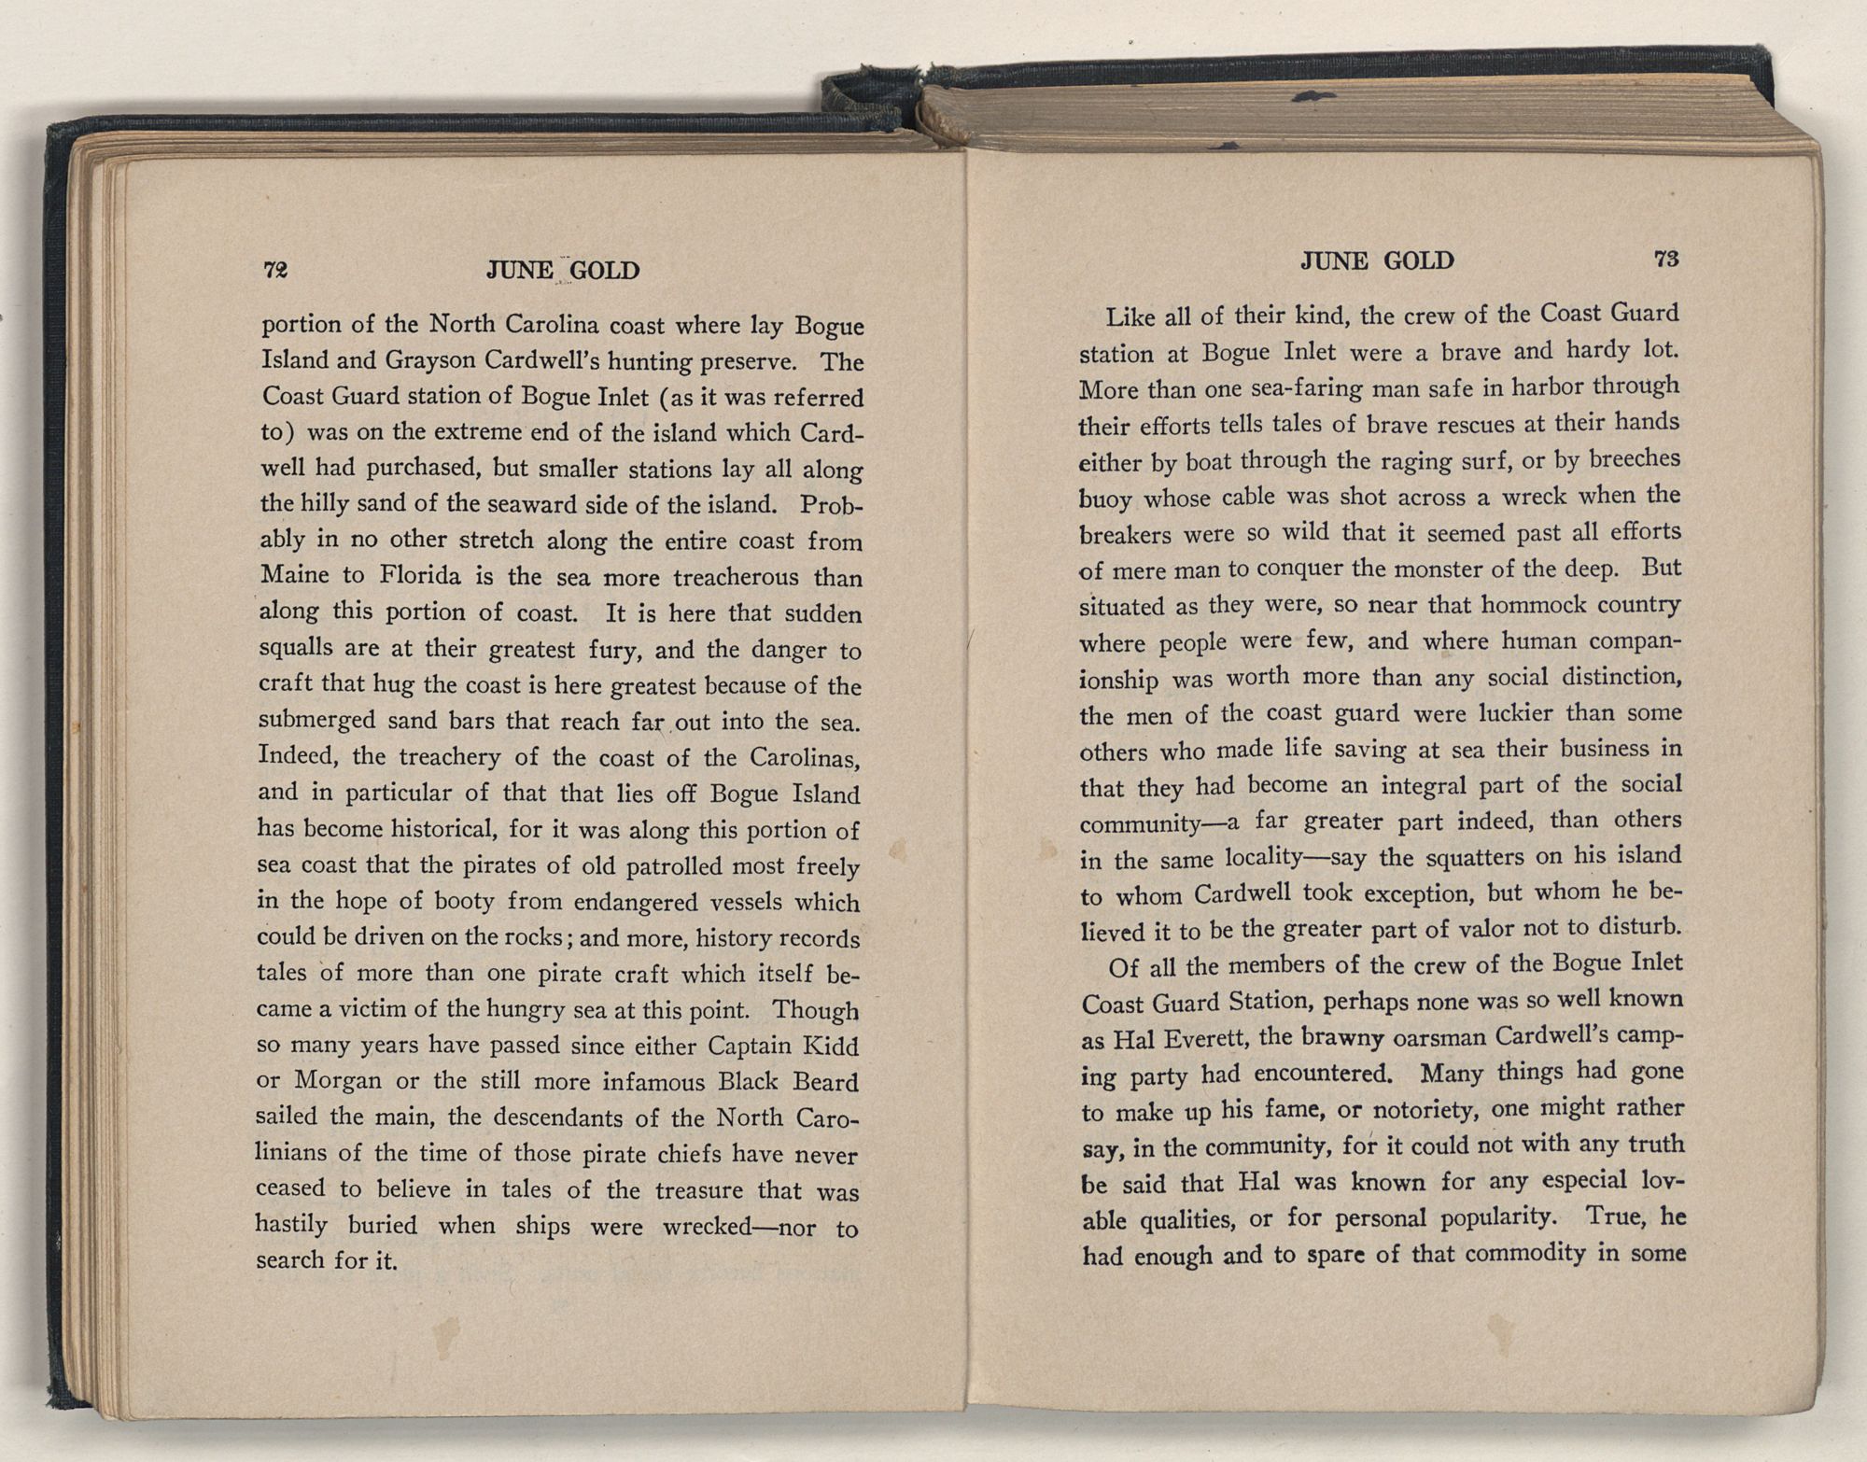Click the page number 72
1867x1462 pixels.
[275, 270]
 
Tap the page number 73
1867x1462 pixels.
[1666, 259]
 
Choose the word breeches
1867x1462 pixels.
[1634, 458]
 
